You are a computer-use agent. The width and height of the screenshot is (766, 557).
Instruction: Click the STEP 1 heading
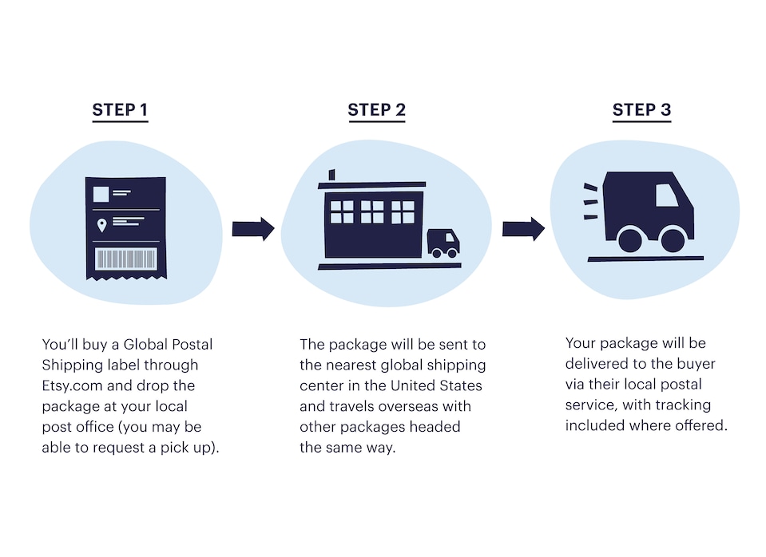(x=120, y=110)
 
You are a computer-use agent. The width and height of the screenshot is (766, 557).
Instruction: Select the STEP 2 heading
(x=376, y=110)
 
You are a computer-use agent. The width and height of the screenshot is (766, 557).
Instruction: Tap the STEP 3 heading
(x=641, y=110)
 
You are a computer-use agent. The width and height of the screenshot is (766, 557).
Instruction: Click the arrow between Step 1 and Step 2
(x=253, y=230)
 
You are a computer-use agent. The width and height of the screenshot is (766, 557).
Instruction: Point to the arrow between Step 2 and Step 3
(x=523, y=230)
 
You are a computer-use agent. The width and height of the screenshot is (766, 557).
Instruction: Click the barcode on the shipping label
(x=125, y=259)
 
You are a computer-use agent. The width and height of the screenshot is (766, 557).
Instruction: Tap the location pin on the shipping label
(x=101, y=226)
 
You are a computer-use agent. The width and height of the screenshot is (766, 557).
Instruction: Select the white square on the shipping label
(x=101, y=194)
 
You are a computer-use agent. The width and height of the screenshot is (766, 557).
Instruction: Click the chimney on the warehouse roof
(x=331, y=176)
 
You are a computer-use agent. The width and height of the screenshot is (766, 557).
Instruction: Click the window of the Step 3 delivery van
(x=666, y=196)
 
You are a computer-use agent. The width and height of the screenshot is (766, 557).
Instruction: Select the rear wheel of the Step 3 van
(x=630, y=239)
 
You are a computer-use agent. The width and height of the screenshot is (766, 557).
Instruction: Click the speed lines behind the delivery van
(x=590, y=201)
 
